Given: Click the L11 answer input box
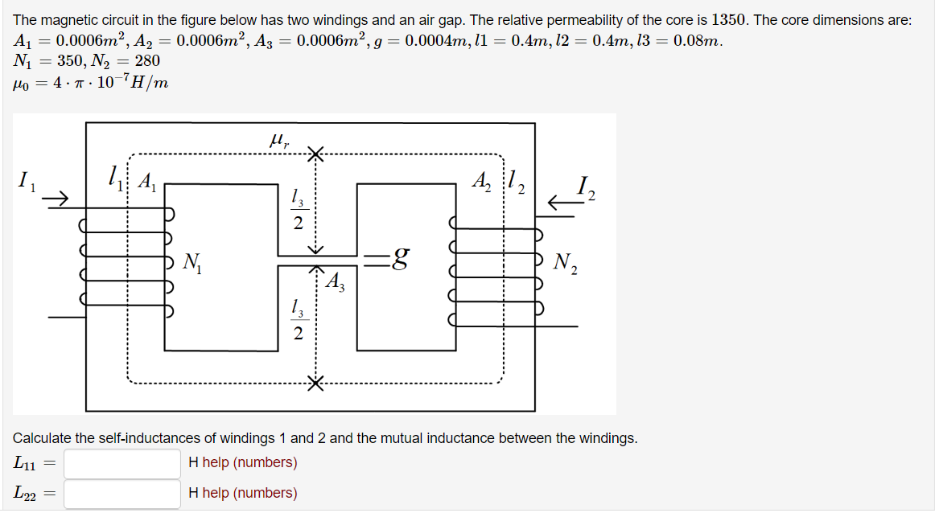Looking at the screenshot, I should point(122,463).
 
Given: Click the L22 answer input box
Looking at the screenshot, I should point(122,494).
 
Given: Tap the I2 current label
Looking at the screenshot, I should point(585,190).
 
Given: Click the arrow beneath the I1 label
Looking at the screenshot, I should point(55,198).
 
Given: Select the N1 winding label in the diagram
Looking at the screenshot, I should point(193,261).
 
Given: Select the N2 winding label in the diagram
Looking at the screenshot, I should point(566,261).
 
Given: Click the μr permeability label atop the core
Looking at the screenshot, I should point(278,141).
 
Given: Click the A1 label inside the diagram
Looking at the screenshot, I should point(147,182).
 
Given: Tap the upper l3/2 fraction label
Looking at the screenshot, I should point(298,208).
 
